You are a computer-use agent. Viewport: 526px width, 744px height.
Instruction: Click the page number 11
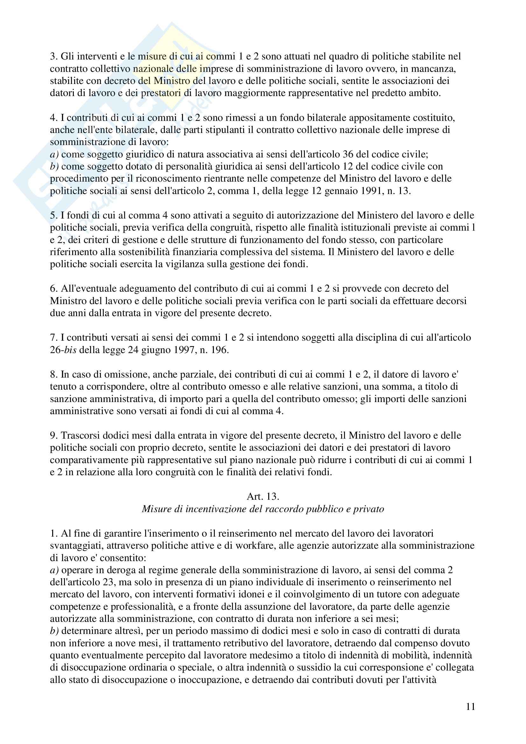click(x=471, y=707)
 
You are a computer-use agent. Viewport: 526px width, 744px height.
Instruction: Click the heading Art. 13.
click(x=263, y=497)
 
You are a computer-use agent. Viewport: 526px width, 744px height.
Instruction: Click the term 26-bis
click(x=63, y=350)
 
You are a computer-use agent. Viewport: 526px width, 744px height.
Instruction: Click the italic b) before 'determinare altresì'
click(x=54, y=631)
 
